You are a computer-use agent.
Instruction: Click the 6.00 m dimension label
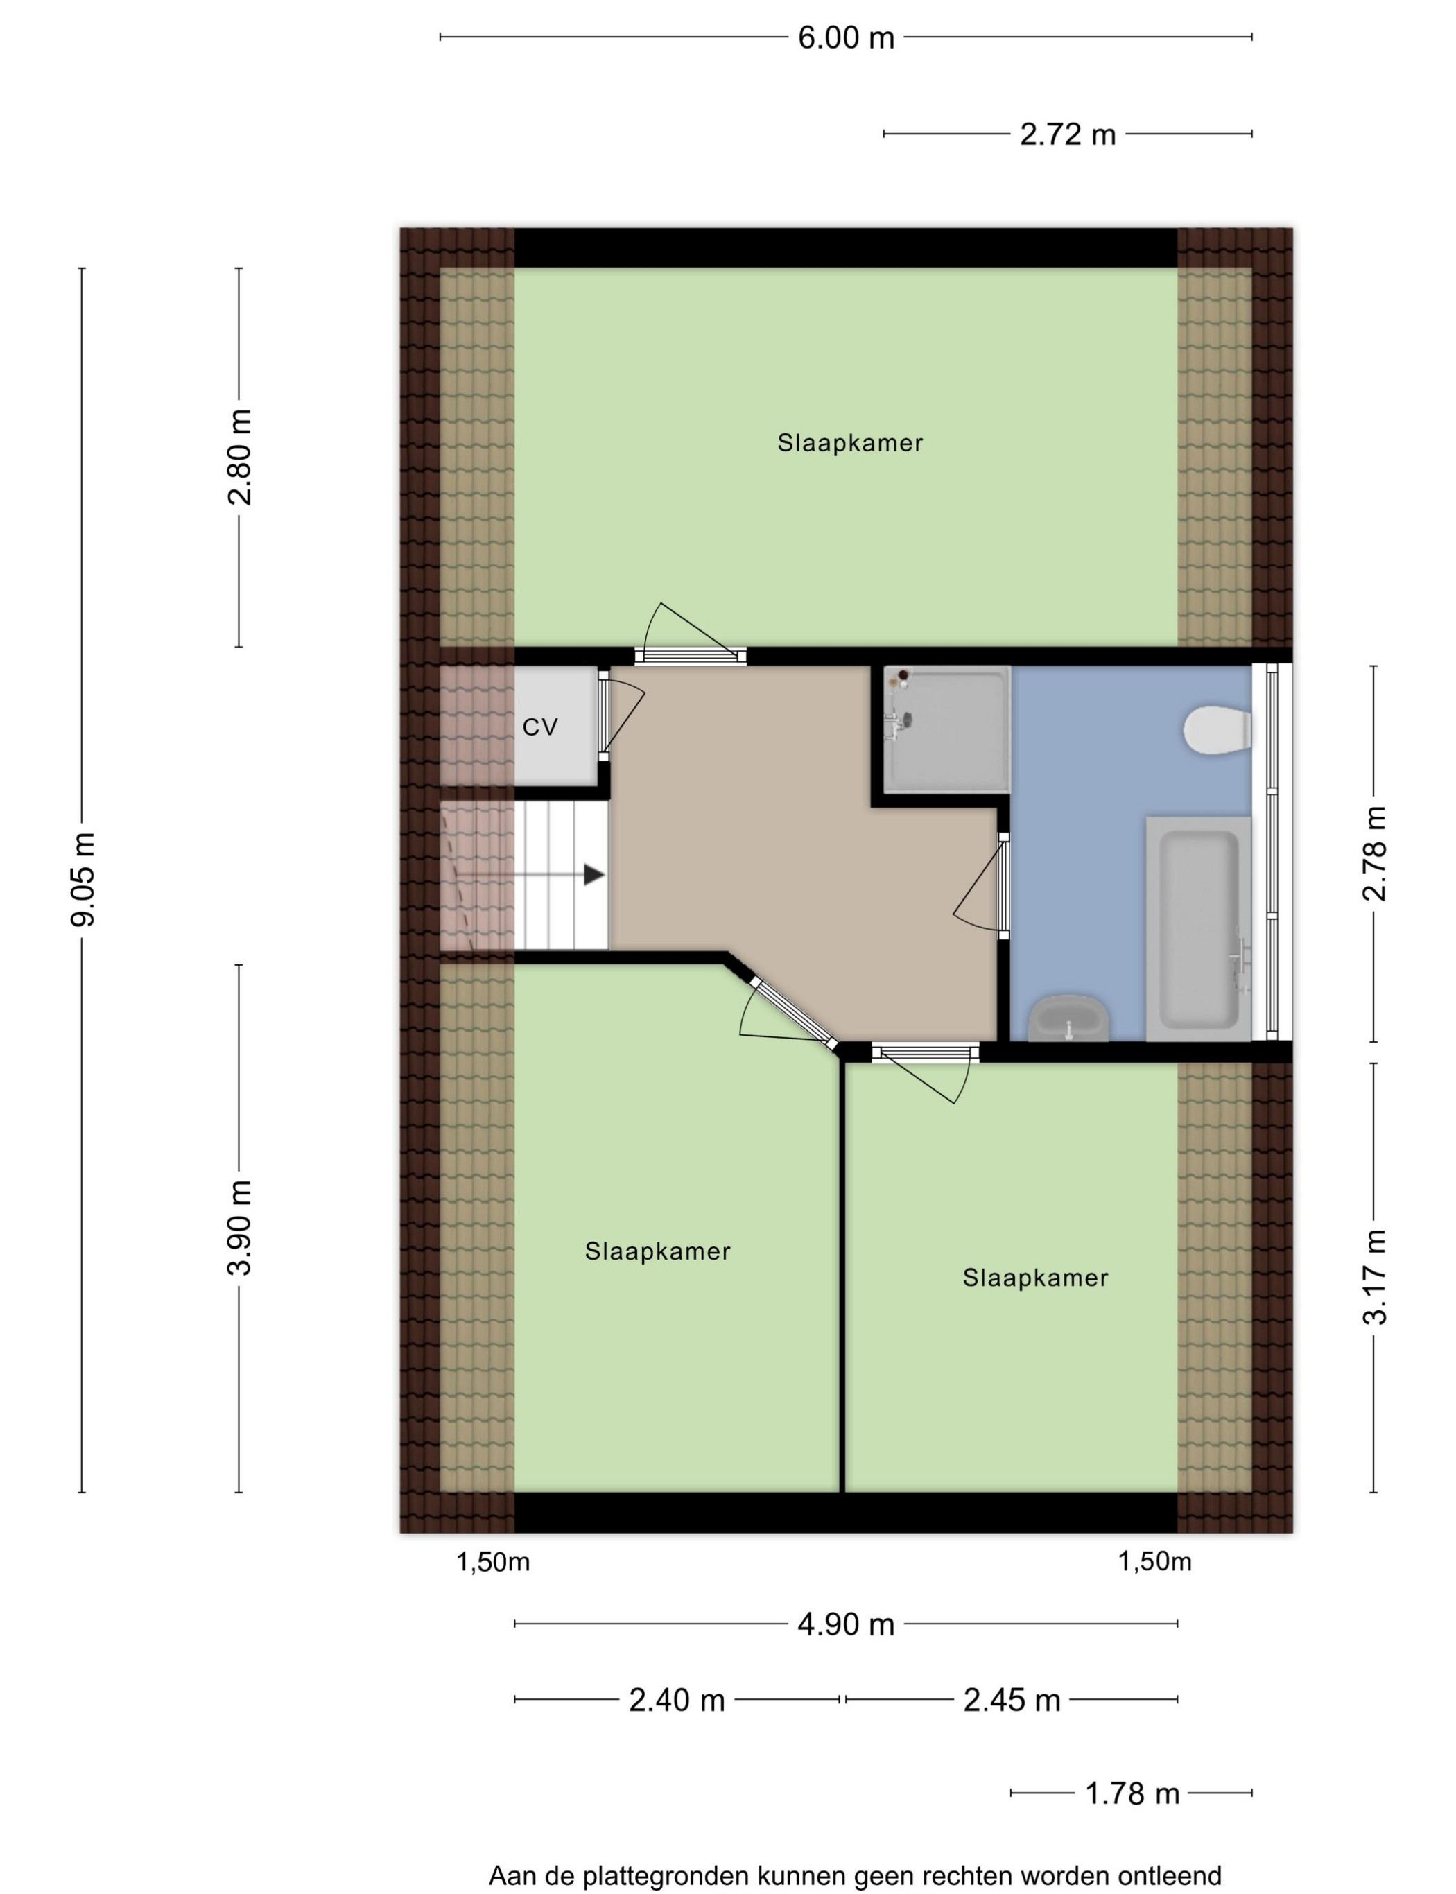pyautogui.click(x=845, y=38)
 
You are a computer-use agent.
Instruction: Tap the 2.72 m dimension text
pyautogui.click(x=1067, y=135)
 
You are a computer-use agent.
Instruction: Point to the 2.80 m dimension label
pyautogui.click(x=239, y=457)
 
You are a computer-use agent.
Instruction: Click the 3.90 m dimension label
pyautogui.click(x=239, y=1228)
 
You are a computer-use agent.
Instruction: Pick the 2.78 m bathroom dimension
pyautogui.click(x=1374, y=853)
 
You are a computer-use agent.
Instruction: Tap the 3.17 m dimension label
pyautogui.click(x=1374, y=1278)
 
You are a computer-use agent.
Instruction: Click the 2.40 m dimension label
pyautogui.click(x=676, y=1701)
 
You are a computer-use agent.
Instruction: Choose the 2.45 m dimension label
pyautogui.click(x=1012, y=1701)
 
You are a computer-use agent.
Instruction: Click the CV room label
pyautogui.click(x=540, y=728)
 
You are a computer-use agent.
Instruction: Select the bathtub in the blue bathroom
pyautogui.click(x=1199, y=928)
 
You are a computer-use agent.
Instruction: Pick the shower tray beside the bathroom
pyautogui.click(x=947, y=729)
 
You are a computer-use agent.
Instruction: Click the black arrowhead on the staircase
pyautogui.click(x=593, y=875)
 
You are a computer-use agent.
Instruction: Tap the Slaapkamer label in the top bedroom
pyautogui.click(x=849, y=444)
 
